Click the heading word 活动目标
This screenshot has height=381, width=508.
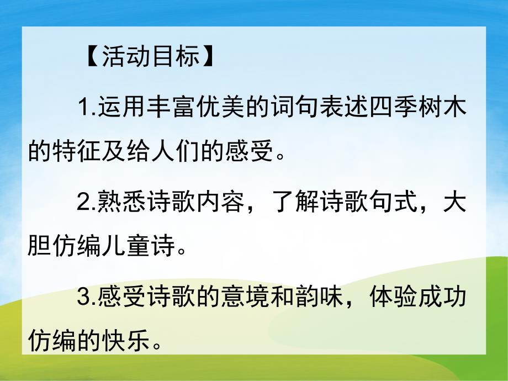tap(149, 57)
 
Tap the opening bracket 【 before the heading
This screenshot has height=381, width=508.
tap(91, 57)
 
